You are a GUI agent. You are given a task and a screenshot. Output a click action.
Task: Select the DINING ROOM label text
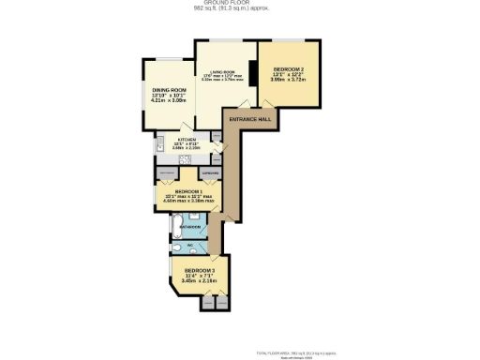click(164, 91)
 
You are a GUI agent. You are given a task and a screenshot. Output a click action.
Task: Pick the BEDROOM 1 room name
click(188, 190)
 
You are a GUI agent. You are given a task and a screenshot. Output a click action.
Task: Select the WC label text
click(190, 247)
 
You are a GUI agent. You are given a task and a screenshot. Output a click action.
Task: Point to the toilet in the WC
click(178, 247)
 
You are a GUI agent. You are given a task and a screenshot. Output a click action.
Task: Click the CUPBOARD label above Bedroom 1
click(212, 173)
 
